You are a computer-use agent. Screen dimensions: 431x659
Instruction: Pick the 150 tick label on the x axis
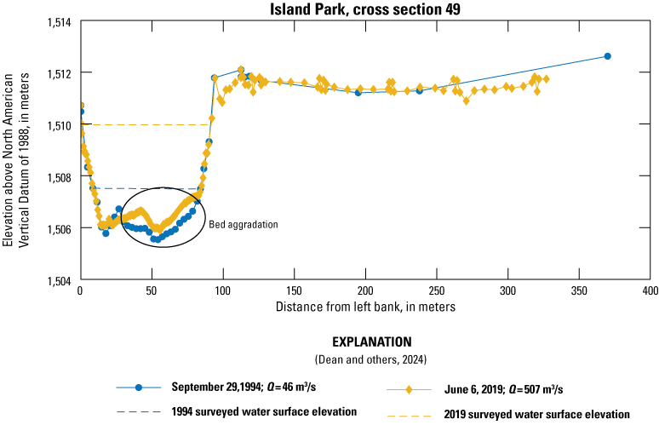click(294, 291)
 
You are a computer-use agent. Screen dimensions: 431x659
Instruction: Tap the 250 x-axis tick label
click(437, 291)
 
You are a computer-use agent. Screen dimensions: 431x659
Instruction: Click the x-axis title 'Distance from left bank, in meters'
click(364, 306)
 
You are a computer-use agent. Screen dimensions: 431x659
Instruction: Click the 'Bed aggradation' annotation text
click(244, 224)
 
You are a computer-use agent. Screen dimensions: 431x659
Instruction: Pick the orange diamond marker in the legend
click(409, 389)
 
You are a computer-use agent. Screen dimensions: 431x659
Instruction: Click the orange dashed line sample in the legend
click(409, 414)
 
